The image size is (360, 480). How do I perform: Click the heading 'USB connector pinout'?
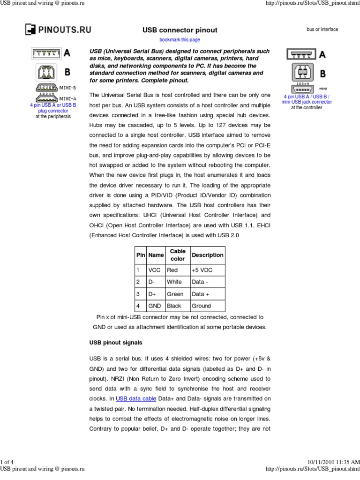tap(180, 30)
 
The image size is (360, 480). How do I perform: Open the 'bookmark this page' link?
tap(180, 40)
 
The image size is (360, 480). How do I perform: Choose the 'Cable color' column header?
tap(178, 255)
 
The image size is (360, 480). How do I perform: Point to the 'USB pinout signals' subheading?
tap(116, 343)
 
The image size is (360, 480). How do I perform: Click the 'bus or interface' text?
tap(322, 30)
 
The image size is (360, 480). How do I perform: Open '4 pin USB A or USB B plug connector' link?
tap(53, 108)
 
